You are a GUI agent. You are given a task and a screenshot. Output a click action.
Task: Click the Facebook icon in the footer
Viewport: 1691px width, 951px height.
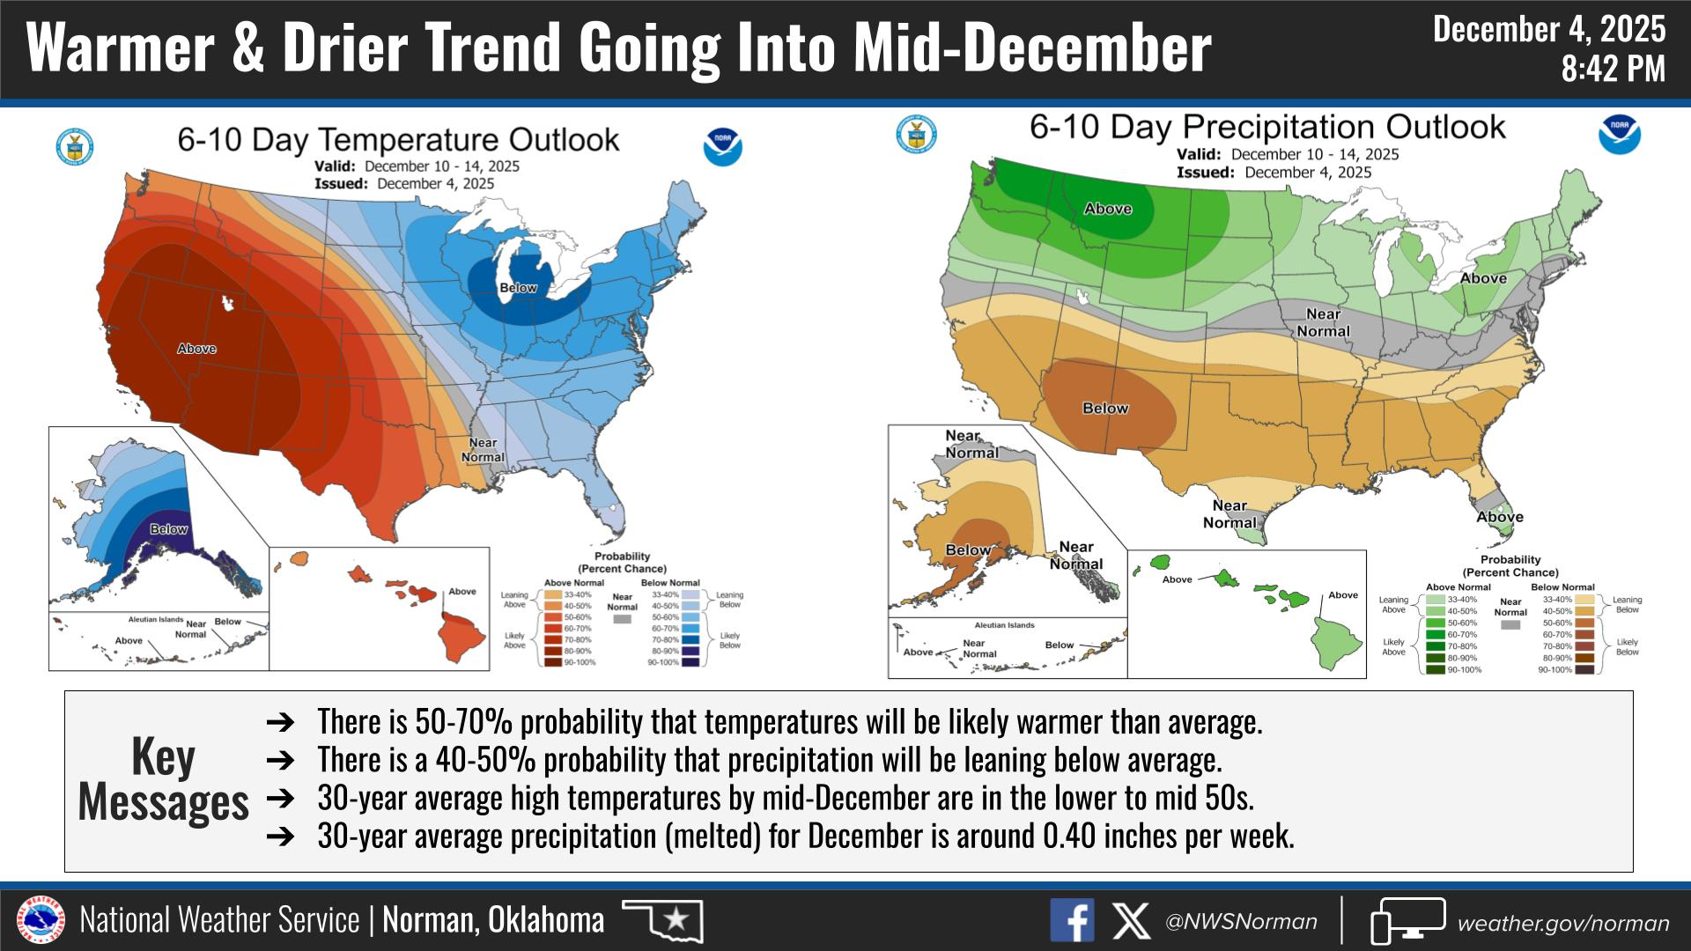[1072, 921]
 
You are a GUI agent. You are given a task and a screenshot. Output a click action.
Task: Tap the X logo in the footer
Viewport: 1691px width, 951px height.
[1131, 921]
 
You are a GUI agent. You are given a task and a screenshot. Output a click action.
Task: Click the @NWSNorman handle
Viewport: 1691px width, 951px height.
[1241, 922]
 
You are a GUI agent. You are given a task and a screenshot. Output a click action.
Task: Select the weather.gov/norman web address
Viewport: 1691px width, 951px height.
[1562, 923]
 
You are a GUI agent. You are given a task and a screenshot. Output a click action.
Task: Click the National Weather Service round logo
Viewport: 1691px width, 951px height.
[41, 921]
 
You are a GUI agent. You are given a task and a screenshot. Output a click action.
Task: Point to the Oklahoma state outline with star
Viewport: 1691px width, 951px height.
[663, 921]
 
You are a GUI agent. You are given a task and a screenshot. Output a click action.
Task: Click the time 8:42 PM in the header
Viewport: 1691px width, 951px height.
[1613, 68]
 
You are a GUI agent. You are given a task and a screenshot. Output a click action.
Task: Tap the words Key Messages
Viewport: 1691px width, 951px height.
[163, 779]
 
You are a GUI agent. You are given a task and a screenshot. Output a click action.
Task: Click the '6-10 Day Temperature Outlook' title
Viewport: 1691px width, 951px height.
[398, 140]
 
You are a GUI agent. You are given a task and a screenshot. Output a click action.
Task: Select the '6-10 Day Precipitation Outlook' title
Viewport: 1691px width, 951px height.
[1267, 127]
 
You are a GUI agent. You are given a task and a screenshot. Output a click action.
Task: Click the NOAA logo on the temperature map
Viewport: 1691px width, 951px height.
[722, 147]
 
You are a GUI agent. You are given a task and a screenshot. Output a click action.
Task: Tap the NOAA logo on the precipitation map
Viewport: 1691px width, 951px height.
[1619, 135]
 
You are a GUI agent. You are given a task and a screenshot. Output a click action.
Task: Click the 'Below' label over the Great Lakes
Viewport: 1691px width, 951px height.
[518, 288]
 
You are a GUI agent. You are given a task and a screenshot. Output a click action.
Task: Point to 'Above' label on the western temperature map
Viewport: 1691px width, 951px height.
[196, 349]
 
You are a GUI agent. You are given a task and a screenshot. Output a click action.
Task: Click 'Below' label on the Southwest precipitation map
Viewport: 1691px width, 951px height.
[1105, 409]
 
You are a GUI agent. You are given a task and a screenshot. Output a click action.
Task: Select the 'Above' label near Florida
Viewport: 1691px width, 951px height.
[1499, 517]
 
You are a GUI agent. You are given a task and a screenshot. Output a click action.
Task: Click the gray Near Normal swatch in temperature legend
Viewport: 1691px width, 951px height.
[622, 620]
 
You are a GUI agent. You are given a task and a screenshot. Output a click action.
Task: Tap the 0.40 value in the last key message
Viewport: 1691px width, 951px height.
[1066, 836]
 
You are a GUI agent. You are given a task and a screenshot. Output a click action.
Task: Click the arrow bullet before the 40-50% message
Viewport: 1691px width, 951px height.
[279, 760]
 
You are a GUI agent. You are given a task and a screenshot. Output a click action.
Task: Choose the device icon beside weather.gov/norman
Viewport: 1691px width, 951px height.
[1407, 921]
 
